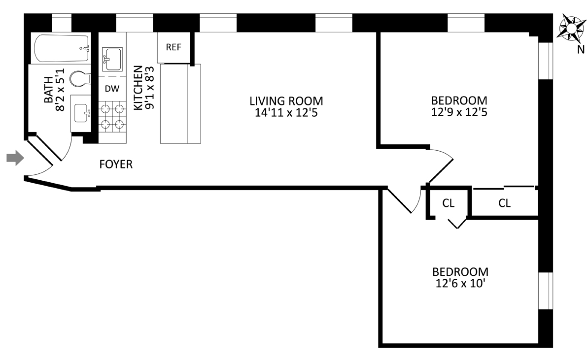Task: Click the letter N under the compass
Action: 581,49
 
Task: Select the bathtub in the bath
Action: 62,48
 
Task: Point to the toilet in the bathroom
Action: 80,79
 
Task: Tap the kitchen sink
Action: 112,59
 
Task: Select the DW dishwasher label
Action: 112,89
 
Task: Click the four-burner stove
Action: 112,116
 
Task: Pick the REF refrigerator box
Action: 173,48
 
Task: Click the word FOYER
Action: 116,164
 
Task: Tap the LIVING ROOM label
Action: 286,101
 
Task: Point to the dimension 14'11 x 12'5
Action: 286,113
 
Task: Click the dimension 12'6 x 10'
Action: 460,284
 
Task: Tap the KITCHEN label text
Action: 138,89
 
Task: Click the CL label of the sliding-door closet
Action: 504,203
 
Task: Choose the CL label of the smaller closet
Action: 448,203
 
